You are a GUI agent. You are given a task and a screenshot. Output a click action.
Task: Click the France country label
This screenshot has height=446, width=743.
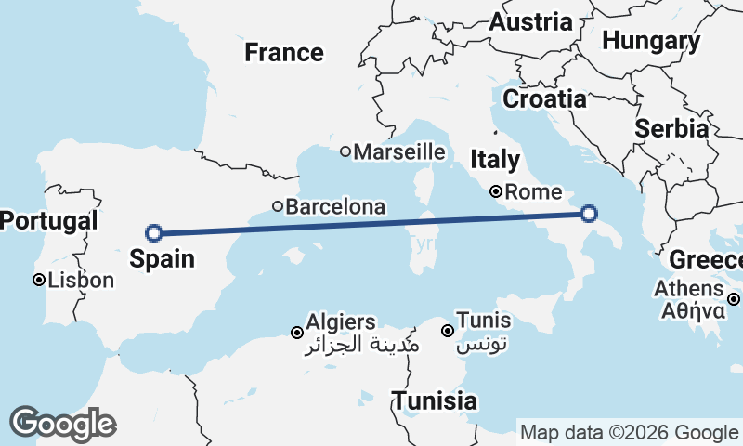point(284,53)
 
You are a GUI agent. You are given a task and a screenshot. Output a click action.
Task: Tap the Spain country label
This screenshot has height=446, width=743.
point(163,258)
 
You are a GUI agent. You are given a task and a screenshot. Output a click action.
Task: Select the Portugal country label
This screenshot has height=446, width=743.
point(48,221)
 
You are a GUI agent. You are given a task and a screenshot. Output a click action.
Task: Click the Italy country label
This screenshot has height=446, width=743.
point(494,159)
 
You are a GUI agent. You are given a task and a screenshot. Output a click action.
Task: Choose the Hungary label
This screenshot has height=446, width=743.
point(651,41)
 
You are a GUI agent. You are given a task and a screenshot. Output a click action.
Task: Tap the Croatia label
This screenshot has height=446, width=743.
point(544,98)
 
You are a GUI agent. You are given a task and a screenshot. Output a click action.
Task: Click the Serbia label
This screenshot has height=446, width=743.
point(671,129)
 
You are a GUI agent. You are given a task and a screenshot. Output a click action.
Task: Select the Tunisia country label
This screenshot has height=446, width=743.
point(435,401)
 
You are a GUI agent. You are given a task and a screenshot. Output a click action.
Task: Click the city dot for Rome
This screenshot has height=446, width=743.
point(496,192)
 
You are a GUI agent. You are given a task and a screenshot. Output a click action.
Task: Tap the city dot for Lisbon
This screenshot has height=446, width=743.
point(39,280)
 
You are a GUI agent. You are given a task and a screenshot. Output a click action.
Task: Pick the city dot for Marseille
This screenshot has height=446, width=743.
point(345,151)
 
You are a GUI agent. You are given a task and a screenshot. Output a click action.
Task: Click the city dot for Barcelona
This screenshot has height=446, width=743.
point(277,206)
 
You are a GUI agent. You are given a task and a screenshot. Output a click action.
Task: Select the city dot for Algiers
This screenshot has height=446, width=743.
point(297,333)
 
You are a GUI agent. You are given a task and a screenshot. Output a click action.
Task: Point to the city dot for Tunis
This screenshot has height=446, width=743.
point(447,331)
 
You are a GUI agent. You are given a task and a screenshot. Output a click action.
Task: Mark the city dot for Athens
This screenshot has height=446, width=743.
point(734,299)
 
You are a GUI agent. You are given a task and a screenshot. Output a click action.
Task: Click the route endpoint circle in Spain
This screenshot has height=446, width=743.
point(154,233)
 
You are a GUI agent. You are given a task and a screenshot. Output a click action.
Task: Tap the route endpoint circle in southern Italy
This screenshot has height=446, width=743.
point(588,215)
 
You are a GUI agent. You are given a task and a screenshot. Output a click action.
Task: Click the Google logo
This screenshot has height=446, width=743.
point(62,424)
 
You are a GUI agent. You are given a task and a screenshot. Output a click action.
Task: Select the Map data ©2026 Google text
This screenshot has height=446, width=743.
point(629,433)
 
